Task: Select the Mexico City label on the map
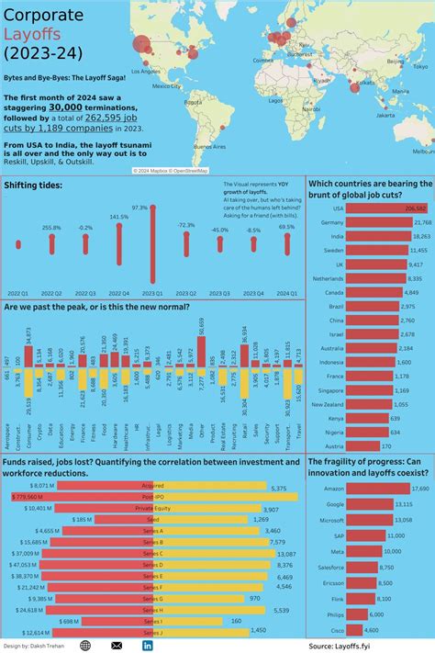(166, 86)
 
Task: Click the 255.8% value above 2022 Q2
(51, 228)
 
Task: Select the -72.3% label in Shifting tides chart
(186, 225)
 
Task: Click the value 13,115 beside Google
(416, 504)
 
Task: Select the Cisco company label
(337, 630)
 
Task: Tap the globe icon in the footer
(85, 646)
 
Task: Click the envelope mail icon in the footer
(117, 646)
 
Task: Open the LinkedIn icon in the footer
(148, 646)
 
